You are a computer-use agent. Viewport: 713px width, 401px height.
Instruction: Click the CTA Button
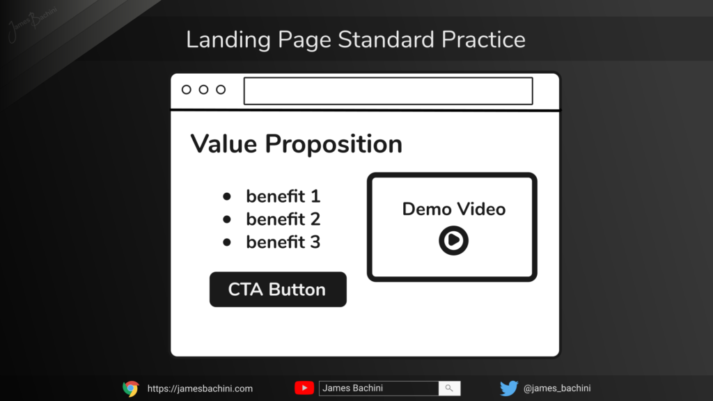278,289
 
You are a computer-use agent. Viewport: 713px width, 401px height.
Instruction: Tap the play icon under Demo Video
453,240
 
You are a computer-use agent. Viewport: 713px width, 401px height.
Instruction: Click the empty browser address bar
388,91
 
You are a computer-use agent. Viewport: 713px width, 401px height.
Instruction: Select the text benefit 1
283,196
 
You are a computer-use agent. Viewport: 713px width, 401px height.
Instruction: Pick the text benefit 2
283,219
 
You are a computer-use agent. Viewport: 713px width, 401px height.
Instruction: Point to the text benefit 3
283,242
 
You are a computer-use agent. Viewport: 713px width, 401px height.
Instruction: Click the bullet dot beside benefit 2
227,219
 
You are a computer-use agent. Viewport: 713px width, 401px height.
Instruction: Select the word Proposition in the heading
334,145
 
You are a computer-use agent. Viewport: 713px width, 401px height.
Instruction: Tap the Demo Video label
454,209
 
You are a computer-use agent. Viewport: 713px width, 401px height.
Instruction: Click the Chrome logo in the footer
130,388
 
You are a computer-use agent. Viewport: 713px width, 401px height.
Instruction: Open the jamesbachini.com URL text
200,388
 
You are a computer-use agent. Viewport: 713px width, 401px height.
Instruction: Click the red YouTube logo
304,388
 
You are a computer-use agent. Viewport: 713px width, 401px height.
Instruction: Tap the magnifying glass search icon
449,388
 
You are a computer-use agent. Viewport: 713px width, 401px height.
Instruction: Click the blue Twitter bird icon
509,388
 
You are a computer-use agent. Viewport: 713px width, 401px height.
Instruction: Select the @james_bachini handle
557,388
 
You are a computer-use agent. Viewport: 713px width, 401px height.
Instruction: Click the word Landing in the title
228,40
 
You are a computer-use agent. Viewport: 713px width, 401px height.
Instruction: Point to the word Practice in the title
483,40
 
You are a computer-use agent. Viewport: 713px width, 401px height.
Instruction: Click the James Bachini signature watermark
33,23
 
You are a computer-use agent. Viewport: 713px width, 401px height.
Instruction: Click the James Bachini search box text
352,388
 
